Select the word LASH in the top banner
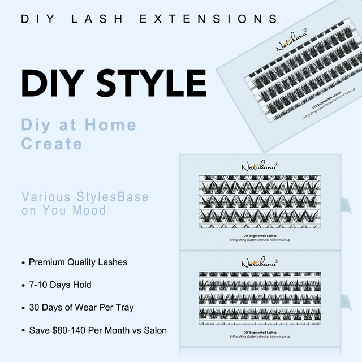104,19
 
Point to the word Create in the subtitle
52,143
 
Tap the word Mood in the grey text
90,210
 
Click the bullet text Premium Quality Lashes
77,262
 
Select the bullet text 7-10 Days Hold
59,285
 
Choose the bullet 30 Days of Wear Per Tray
81,308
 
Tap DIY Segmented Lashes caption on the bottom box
260,332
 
